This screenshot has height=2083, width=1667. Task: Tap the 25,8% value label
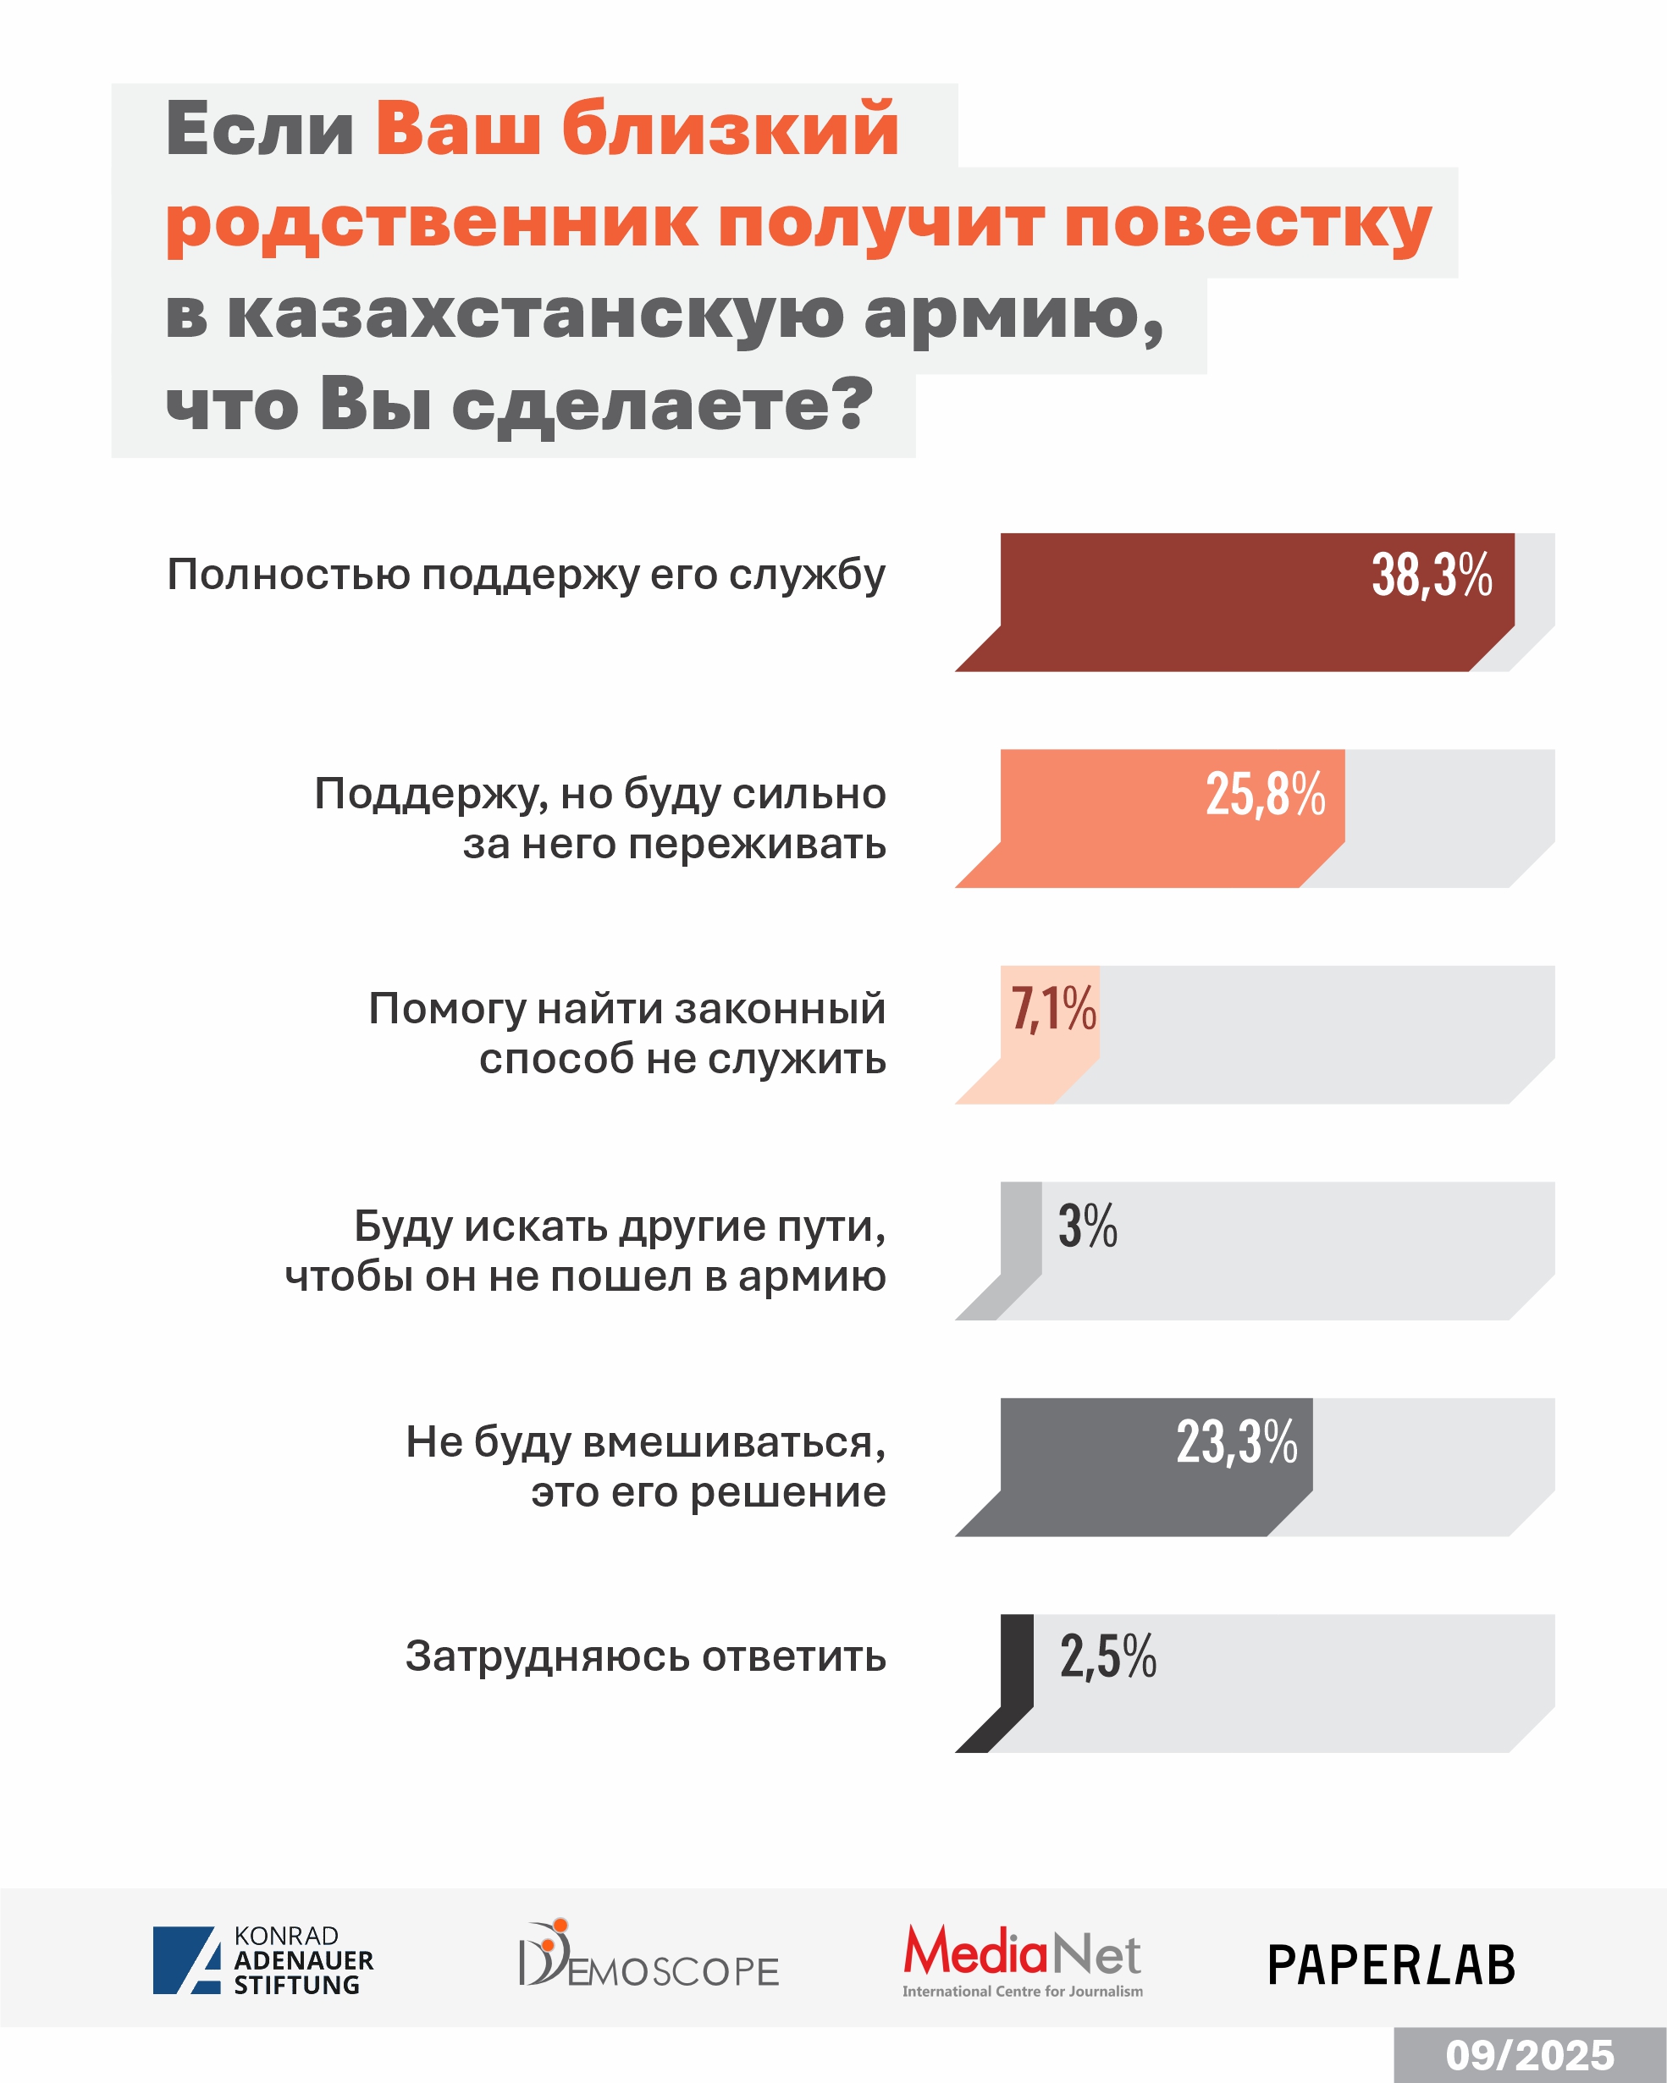tap(1265, 794)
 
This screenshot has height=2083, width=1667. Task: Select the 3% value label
tap(1087, 1226)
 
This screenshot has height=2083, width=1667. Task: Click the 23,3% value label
tap(1236, 1442)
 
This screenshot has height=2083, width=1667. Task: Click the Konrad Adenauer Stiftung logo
tap(262, 1960)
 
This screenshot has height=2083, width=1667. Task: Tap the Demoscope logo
tap(649, 1956)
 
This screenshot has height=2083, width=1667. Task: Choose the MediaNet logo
tap(1023, 1960)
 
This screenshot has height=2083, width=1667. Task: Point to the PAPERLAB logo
tap(1391, 1965)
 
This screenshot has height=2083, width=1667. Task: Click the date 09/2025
tap(1530, 2055)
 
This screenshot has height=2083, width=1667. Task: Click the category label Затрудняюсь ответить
tap(645, 1656)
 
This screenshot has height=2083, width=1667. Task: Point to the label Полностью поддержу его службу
tap(526, 575)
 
